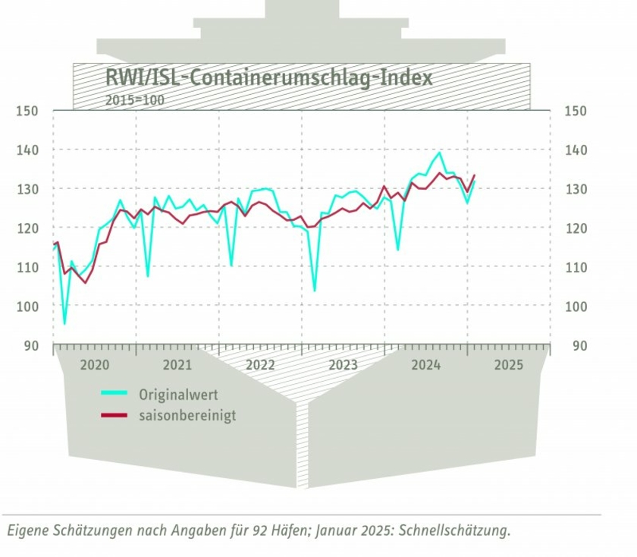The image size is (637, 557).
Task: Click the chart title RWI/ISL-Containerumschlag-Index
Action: [268, 77]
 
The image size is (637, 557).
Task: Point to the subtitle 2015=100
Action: [134, 99]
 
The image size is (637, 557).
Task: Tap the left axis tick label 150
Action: [27, 112]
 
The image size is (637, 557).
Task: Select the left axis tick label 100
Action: [27, 306]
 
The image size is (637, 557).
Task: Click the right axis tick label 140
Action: [576, 150]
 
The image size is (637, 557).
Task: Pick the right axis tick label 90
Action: [579, 345]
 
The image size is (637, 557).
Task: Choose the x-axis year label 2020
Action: [95, 365]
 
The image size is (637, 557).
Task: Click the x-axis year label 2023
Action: [343, 365]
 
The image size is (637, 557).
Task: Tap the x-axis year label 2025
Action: [508, 365]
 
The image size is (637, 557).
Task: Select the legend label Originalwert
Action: [178, 395]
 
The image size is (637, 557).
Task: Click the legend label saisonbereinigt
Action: [187, 416]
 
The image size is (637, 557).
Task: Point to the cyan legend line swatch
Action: [114, 394]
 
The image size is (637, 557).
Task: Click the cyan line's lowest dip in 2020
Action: [64, 324]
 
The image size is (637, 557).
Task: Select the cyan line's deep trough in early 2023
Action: [315, 291]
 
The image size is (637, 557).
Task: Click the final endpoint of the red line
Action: [475, 175]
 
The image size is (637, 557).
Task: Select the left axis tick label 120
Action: [27, 228]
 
